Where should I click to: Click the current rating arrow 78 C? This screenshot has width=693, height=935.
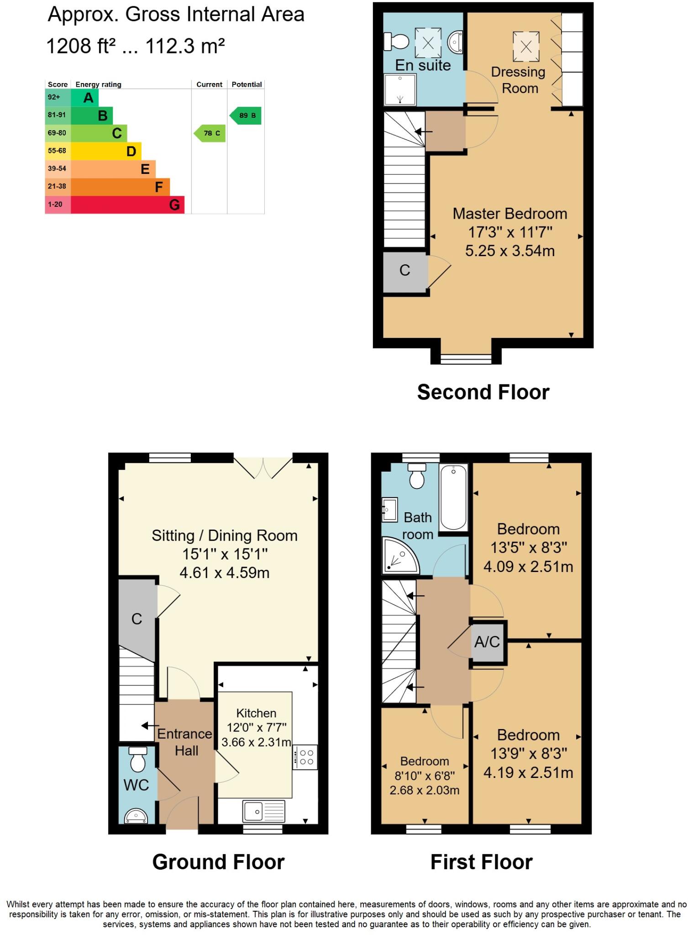(210, 133)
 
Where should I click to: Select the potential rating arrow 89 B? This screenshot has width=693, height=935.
(246, 116)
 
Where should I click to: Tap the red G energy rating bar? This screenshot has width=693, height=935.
(127, 205)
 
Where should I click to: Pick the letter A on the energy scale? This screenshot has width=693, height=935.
(88, 97)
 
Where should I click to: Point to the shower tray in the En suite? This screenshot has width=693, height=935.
(400, 90)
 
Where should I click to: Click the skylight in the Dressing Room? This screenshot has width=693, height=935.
(526, 46)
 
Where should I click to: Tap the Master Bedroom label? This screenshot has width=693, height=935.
(509, 214)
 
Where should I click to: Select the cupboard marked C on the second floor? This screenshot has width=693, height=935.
(405, 271)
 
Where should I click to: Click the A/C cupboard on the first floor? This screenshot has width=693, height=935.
(487, 642)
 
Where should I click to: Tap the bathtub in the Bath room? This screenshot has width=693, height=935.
(453, 497)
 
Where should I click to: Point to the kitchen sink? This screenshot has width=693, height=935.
(264, 811)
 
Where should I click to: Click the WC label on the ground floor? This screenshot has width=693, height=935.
(136, 785)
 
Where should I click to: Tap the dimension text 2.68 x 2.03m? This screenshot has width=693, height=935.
(424, 790)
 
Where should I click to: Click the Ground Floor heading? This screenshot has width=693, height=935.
(218, 862)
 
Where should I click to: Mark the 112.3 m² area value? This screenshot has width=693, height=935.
(185, 46)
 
